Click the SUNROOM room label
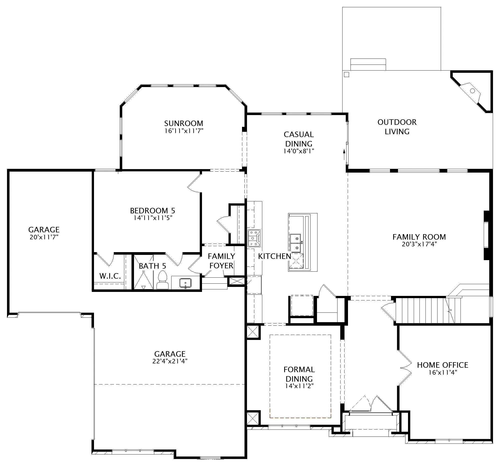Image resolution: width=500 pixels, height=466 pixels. (x=183, y=123)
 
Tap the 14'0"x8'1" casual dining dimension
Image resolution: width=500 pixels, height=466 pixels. (x=299, y=151)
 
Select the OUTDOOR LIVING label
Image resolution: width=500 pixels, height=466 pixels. (x=397, y=127)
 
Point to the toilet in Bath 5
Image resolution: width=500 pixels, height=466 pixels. (x=162, y=280)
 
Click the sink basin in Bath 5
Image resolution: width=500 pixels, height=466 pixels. (x=185, y=283)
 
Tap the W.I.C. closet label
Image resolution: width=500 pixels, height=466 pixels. (x=110, y=276)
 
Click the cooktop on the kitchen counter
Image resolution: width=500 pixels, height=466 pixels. (x=254, y=238)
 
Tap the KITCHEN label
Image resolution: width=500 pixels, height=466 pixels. (x=275, y=256)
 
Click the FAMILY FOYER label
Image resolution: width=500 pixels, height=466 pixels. (x=221, y=261)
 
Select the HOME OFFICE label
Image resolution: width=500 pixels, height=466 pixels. (x=443, y=365)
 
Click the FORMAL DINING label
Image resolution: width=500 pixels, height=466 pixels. (x=299, y=374)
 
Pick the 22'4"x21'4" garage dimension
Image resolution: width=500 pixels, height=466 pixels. (x=170, y=361)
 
